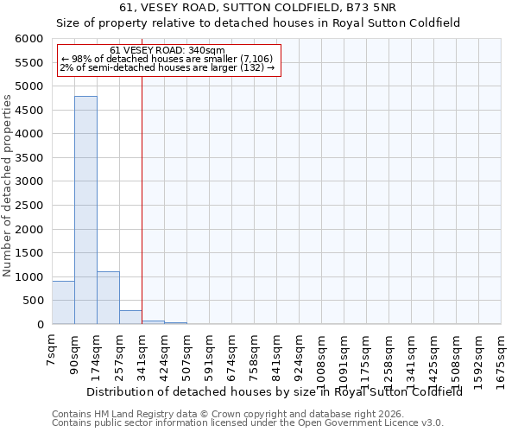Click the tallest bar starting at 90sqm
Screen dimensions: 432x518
pos(85,210)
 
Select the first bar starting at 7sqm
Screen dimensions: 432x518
pos(63,302)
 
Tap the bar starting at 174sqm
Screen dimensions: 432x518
pos(108,298)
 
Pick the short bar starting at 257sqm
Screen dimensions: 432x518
pos(130,317)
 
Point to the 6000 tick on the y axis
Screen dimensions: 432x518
pos(29,39)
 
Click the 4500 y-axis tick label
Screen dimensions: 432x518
pos(29,111)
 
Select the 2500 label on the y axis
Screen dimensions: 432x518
pos(29,206)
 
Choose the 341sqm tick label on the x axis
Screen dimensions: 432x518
pos(142,352)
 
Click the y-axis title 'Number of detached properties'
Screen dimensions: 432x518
pos(8,181)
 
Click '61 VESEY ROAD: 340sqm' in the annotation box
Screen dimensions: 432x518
pos(167,51)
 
